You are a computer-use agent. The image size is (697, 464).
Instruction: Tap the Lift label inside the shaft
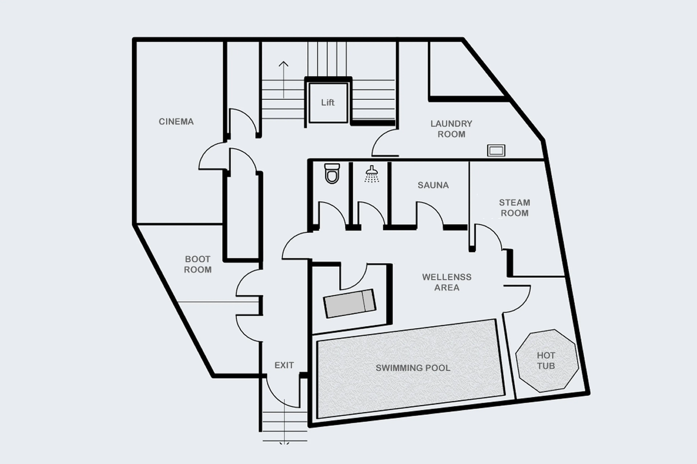click(x=328, y=103)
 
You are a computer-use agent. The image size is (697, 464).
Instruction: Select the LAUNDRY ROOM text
click(x=451, y=129)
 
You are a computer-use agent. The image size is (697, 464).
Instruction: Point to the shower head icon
click(x=371, y=174)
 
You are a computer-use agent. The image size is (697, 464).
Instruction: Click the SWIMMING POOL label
click(x=413, y=368)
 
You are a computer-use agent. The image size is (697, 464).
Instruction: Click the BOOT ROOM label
click(x=198, y=264)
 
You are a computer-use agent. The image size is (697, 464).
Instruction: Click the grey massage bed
click(x=350, y=303)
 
